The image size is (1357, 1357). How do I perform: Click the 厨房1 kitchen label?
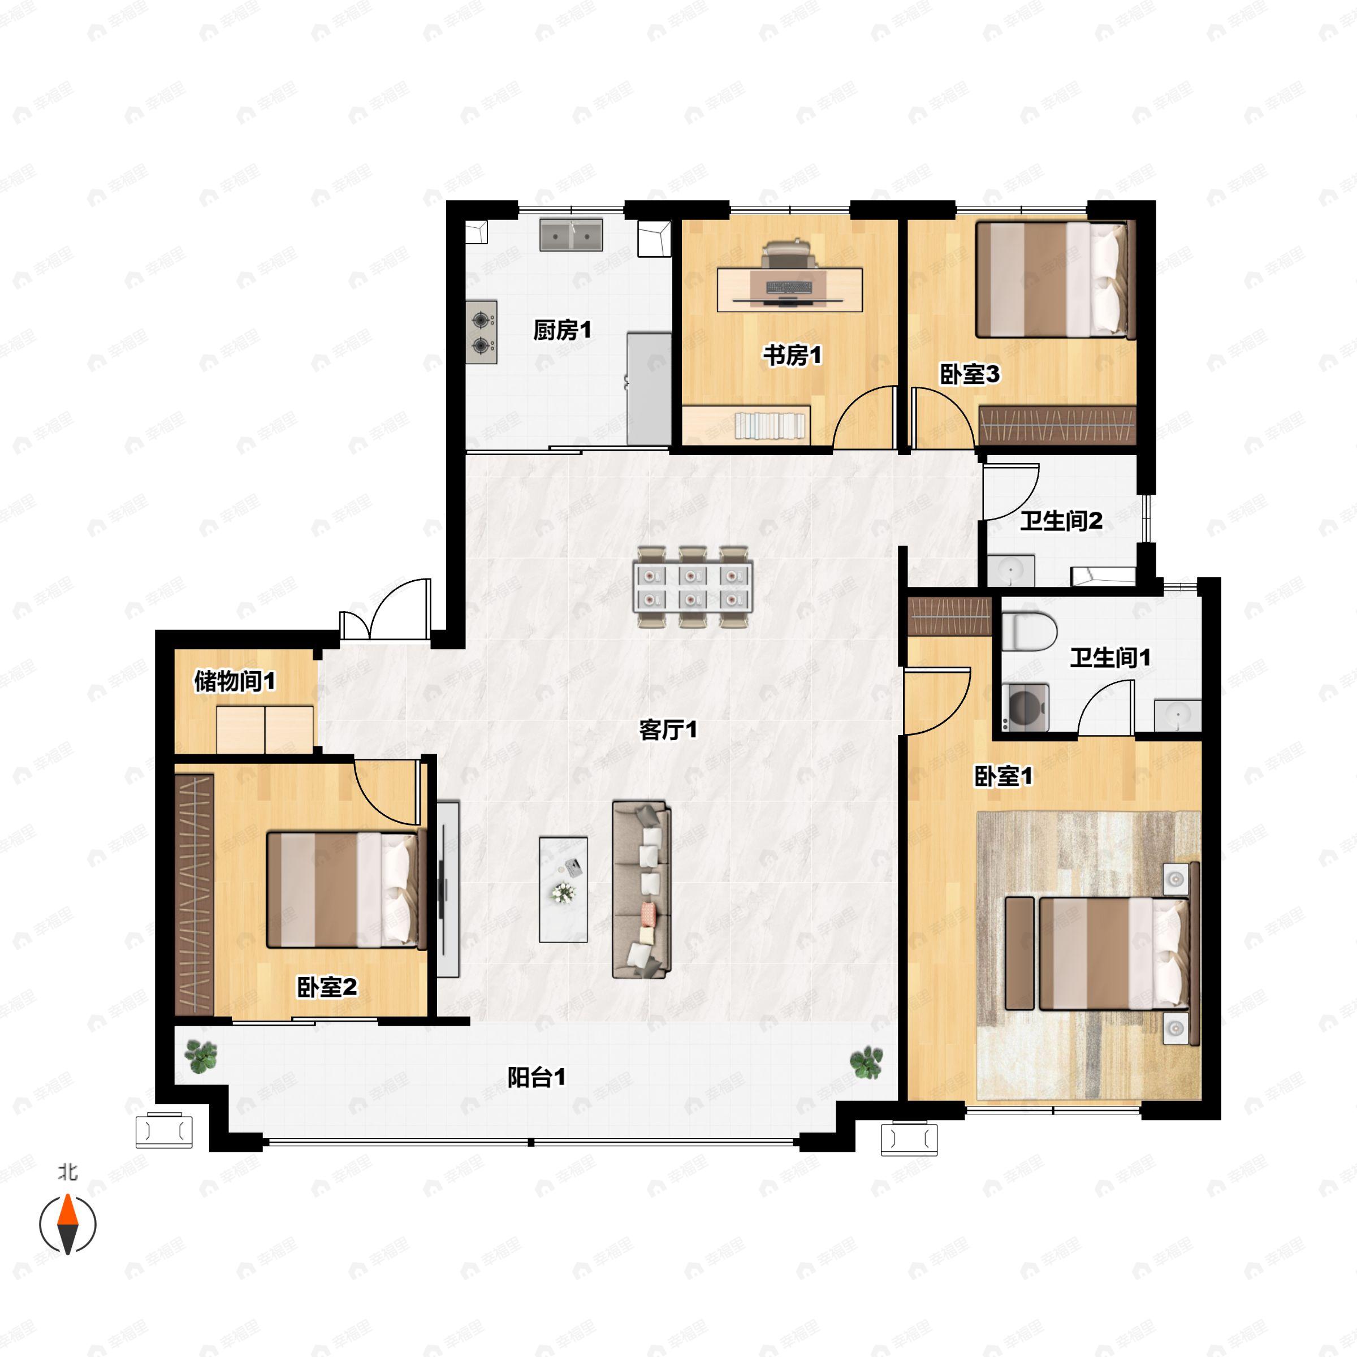(562, 330)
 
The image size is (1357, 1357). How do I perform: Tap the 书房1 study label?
(792, 356)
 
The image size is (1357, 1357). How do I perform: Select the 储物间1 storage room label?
(235, 681)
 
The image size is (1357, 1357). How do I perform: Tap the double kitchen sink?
(571, 235)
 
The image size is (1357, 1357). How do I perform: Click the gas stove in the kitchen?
(481, 332)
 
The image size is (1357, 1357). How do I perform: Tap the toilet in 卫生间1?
(1029, 631)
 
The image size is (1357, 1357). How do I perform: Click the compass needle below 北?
(67, 1224)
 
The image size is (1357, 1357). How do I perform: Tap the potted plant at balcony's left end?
(202, 1056)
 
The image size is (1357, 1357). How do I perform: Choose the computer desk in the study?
(789, 289)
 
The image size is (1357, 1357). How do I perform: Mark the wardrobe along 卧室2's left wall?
(194, 894)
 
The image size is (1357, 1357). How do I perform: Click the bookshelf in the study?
(746, 425)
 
